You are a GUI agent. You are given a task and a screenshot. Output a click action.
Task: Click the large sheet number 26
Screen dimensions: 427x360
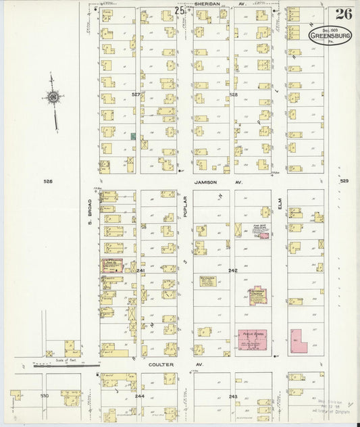pyautogui.click(x=342, y=14)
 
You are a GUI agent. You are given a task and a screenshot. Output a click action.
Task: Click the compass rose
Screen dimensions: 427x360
pyautogui.click(x=53, y=99)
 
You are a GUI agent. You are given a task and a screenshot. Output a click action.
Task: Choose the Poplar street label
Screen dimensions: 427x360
pyautogui.click(x=183, y=209)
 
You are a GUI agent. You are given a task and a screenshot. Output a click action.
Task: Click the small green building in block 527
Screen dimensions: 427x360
pyautogui.click(x=133, y=136)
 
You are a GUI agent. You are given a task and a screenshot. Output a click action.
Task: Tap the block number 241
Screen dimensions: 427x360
pyautogui.click(x=141, y=270)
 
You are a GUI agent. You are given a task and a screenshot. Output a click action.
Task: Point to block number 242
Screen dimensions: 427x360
pyautogui.click(x=233, y=270)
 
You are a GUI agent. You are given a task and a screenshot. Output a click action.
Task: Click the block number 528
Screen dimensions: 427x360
pyautogui.click(x=234, y=95)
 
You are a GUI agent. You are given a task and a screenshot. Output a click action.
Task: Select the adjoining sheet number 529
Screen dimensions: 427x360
pyautogui.click(x=344, y=180)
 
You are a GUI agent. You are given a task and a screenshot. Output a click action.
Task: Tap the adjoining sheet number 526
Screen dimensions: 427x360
pyautogui.click(x=47, y=181)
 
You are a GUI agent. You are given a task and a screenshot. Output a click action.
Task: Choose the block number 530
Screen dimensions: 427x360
pyautogui.click(x=45, y=395)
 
